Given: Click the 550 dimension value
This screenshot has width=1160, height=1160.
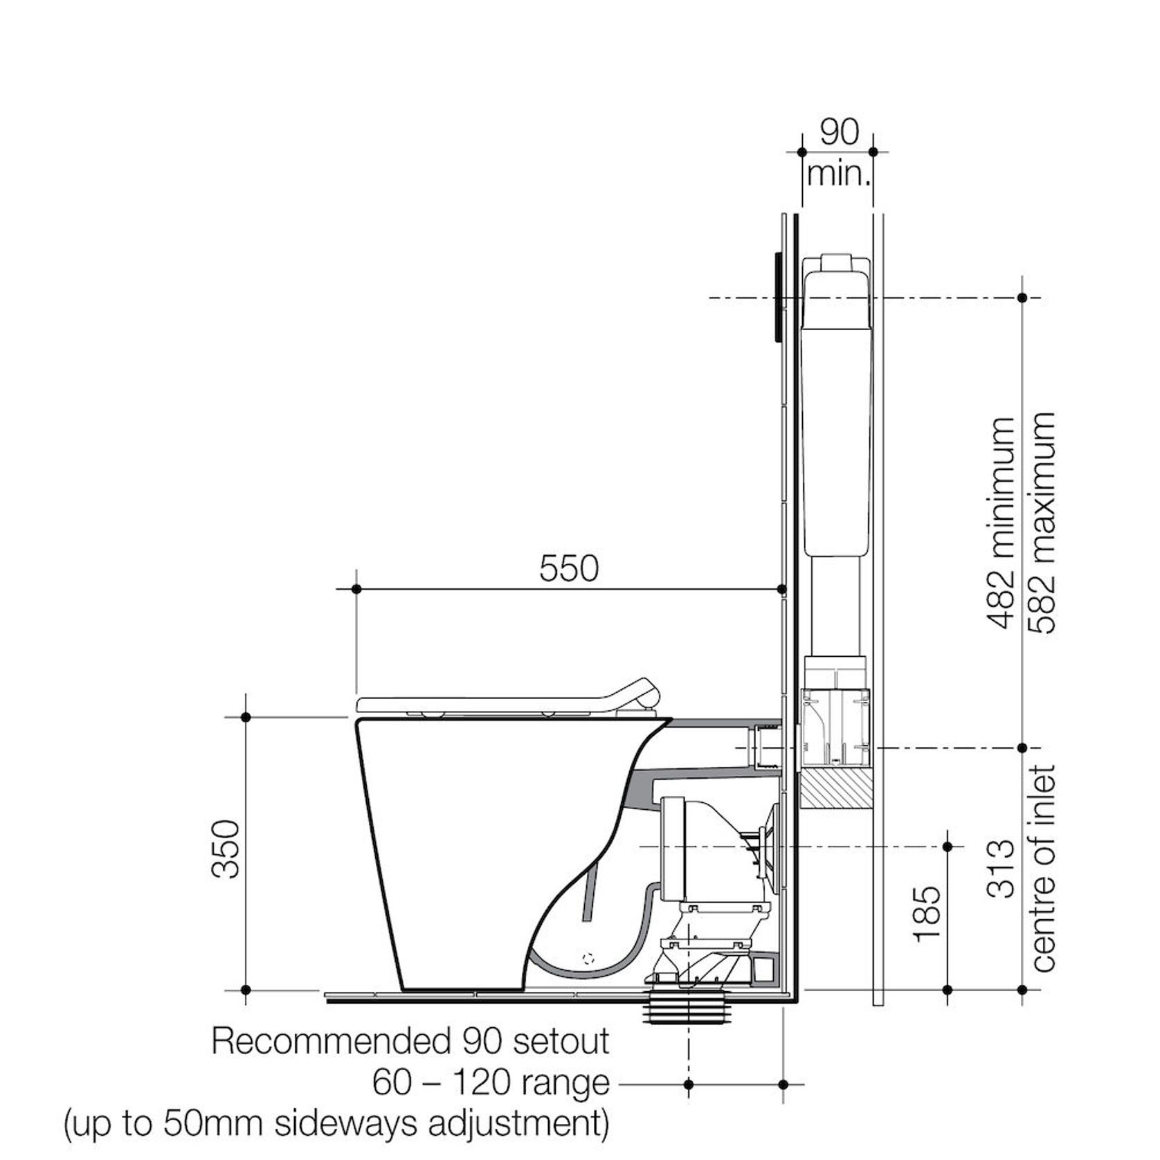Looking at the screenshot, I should pos(568,569).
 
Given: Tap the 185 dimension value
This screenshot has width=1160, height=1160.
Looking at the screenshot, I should pos(927,914).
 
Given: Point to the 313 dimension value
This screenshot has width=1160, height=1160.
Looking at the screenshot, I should pos(1001,869).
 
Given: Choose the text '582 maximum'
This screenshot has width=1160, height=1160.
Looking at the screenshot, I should pos(1042,523).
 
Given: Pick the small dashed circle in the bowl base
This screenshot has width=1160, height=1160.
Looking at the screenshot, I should pos(589,959).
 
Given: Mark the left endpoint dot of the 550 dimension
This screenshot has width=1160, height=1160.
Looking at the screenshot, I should pos(356,589).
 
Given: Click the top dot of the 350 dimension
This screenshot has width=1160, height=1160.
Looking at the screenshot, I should pos(246,717).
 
